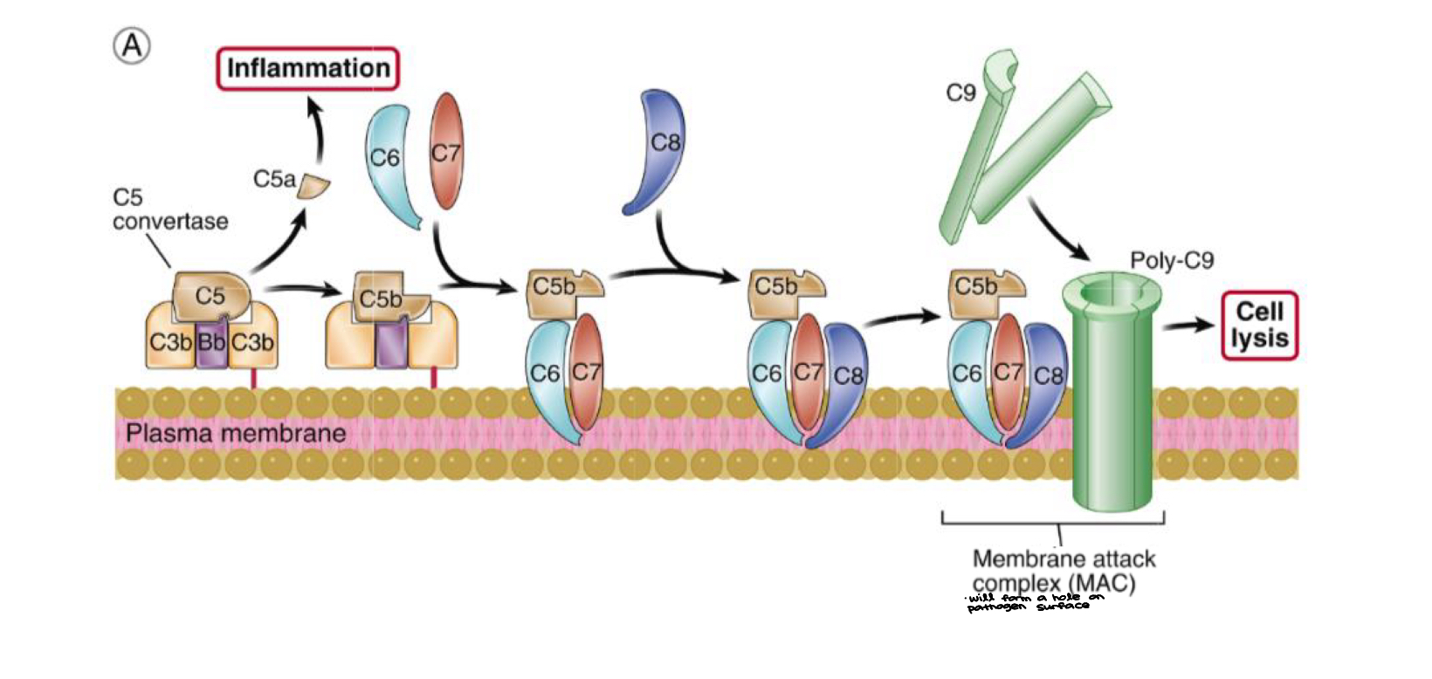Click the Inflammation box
tap(307, 69)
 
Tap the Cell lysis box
tap(1259, 326)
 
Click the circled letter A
tap(132, 45)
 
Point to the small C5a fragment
tap(313, 186)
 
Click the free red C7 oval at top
tap(446, 151)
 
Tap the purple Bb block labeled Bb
tap(210, 341)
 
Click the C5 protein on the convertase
tap(210, 295)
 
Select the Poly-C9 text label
tap(1171, 260)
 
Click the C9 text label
tap(960, 92)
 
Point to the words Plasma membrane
tap(236, 433)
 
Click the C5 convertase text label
tap(169, 209)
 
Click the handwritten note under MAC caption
tap(1034, 602)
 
